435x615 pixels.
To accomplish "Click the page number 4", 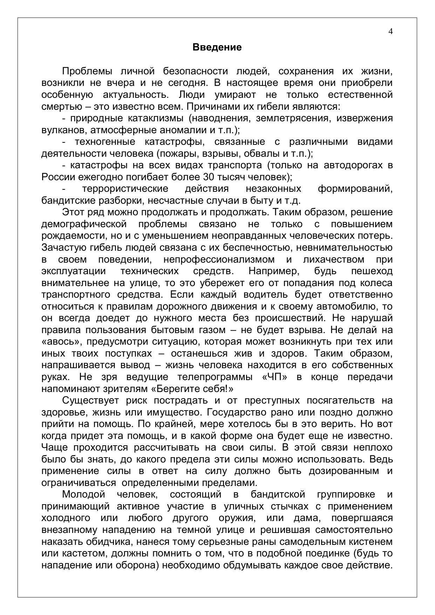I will tap(390, 32).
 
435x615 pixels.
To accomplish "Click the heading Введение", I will tap(217, 47).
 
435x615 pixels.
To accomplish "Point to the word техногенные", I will tap(105, 142).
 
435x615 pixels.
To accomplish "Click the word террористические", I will tap(125, 189).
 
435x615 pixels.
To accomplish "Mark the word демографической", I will tap(83, 224).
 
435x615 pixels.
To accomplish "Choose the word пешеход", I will tap(372, 271).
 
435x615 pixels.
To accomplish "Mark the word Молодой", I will tap(83, 495).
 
